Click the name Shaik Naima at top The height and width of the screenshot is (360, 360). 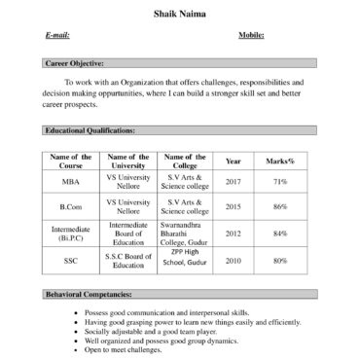coord(179,14)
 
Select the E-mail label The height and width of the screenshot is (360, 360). coord(57,35)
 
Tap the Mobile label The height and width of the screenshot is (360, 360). coord(252,35)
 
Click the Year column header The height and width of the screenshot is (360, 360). coord(234,161)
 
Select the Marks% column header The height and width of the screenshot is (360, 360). coord(280,161)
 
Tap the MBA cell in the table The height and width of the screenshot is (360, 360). coord(71,182)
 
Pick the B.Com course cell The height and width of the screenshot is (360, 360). coord(71,207)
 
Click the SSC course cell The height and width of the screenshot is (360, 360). coord(71,261)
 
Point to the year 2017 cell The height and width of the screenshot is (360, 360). coord(234,182)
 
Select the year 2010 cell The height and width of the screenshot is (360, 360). coord(234,261)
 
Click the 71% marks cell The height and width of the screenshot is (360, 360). coord(280,182)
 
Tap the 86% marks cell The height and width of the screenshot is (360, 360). coord(280,207)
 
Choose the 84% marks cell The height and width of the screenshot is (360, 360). coord(280,234)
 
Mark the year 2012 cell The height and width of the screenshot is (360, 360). coord(234,234)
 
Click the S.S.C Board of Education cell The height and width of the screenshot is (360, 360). coord(128,261)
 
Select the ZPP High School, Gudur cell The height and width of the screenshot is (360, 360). coord(185,258)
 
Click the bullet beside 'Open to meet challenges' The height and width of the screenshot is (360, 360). coord(76,350)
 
